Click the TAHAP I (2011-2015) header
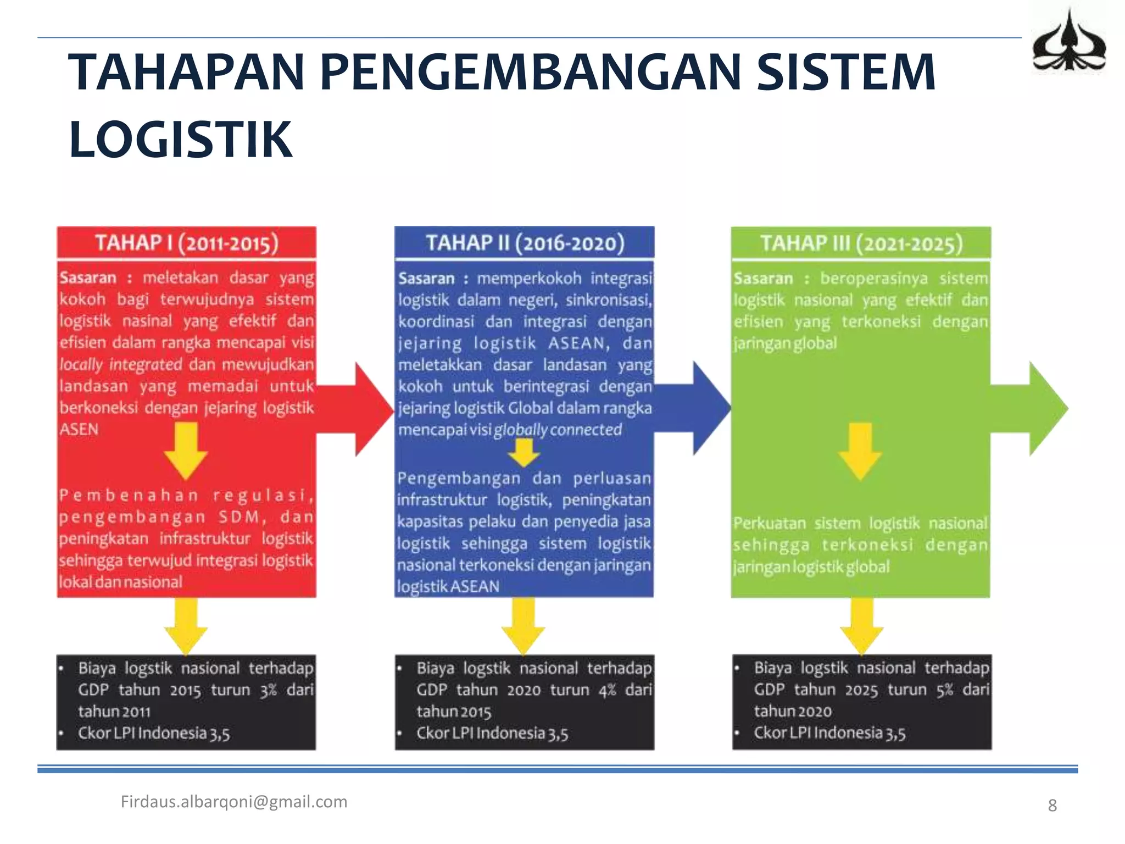(x=187, y=243)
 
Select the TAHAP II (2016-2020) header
(x=525, y=243)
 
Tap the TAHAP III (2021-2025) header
(x=861, y=243)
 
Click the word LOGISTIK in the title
(x=181, y=140)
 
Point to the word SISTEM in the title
(x=846, y=73)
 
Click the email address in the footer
(x=234, y=802)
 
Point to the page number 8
(x=1052, y=806)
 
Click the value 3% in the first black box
(x=268, y=690)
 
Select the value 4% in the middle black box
(x=607, y=690)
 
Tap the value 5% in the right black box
(x=945, y=690)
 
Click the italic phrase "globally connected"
(x=558, y=430)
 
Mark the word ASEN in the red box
(x=79, y=429)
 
